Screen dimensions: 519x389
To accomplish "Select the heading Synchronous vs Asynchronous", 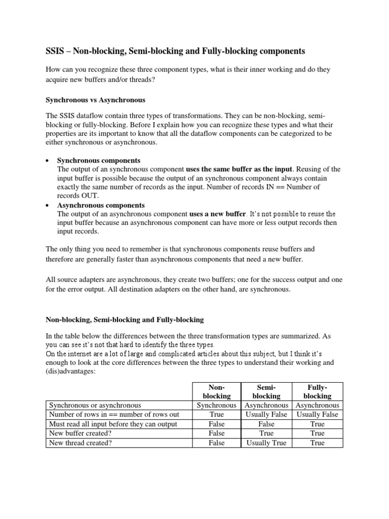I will [96, 100].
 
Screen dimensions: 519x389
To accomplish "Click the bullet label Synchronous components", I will [99, 160].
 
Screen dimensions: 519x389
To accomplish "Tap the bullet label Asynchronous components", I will [101, 205].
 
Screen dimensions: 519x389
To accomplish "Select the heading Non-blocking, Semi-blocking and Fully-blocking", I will [125, 320].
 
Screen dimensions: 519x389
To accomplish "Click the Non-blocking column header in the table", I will [216, 391].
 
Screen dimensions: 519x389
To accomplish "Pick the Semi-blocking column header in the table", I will [266, 391].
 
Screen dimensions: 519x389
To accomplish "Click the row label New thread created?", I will [80, 442].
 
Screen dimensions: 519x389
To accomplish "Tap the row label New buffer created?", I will [80, 433].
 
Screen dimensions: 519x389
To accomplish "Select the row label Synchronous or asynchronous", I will [95, 405].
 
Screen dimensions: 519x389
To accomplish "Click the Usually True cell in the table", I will [266, 442].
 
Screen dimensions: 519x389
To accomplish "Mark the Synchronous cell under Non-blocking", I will [216, 405].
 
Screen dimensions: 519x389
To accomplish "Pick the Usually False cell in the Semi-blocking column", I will [266, 414].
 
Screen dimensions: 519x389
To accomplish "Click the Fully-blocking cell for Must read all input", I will [317, 424].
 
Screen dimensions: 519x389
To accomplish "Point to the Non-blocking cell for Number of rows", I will [216, 414].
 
